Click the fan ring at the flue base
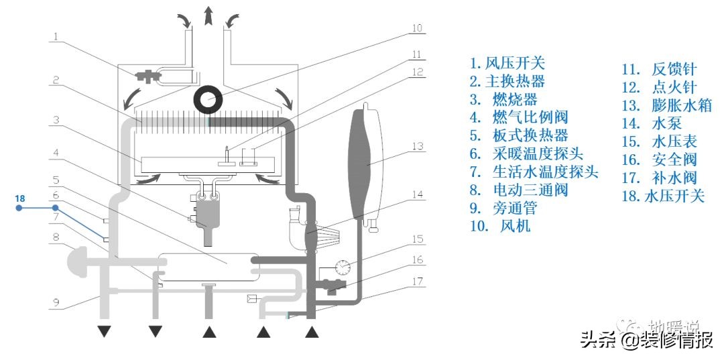[x=209, y=101]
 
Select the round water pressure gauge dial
[x=343, y=267]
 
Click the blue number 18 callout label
[x=20, y=198]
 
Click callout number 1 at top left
[x=56, y=36]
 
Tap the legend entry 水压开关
[x=664, y=196]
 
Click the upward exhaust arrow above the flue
[x=209, y=15]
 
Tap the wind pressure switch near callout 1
[x=145, y=76]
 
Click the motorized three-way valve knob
[x=76, y=259]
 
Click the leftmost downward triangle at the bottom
[x=104, y=331]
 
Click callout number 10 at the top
[x=418, y=29]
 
